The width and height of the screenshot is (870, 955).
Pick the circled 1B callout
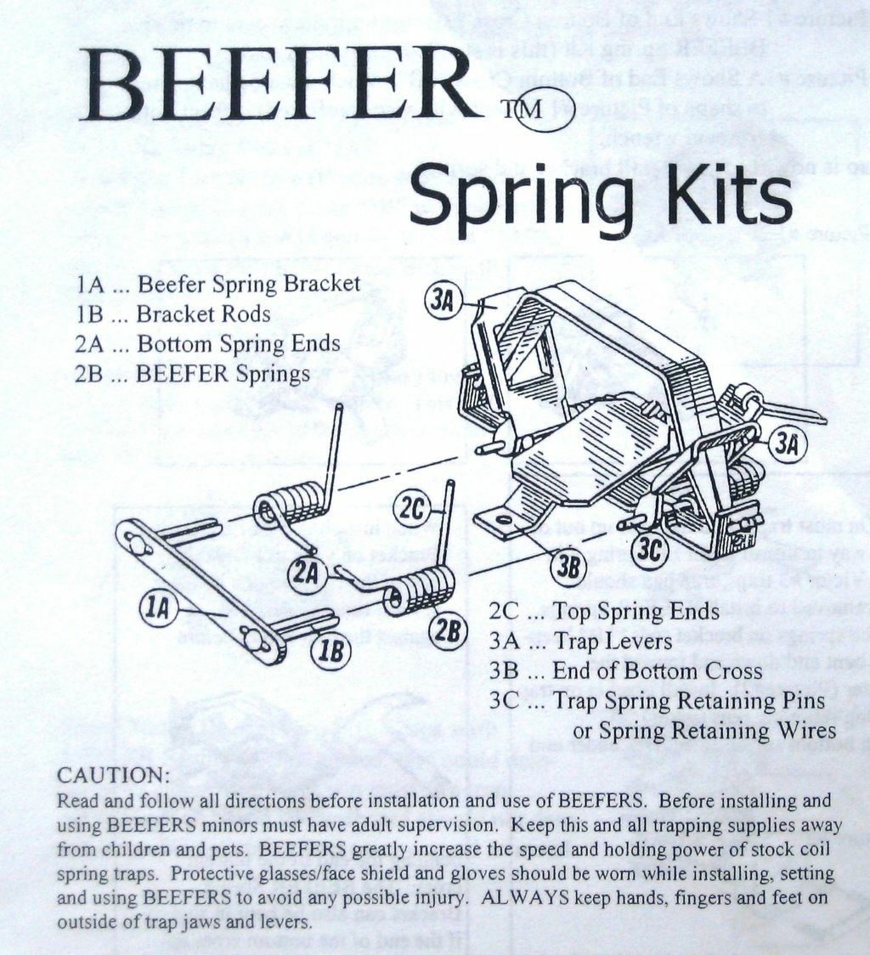(330, 652)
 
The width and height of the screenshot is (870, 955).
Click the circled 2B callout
(447, 630)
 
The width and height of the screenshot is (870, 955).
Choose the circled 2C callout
(413, 509)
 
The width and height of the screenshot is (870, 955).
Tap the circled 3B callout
(568, 568)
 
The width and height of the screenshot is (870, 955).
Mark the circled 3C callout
(649, 551)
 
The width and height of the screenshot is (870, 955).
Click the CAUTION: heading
(113, 776)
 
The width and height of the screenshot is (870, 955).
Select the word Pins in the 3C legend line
(801, 701)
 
